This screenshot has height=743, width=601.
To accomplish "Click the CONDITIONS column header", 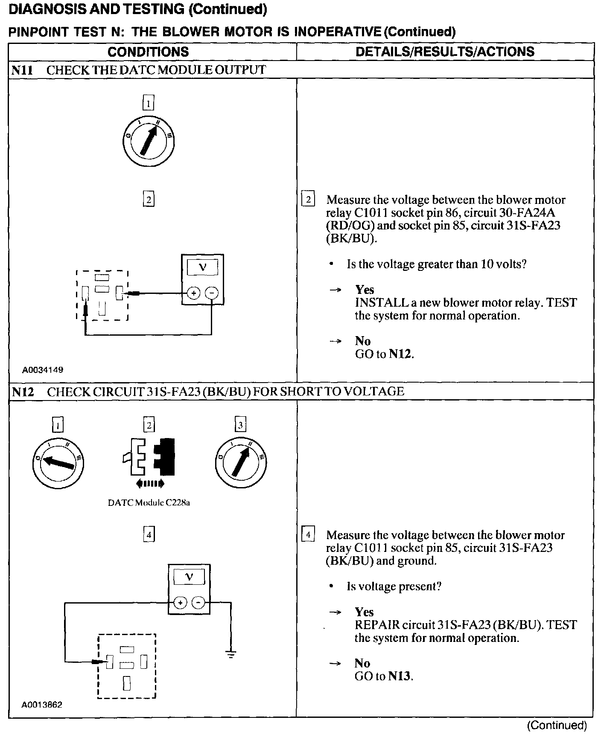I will coord(148,52).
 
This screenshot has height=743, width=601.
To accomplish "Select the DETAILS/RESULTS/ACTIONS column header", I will coord(445,52).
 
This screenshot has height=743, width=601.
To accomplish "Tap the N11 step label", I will coord(22,70).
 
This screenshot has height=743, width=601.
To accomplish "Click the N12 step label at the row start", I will coord(23,392).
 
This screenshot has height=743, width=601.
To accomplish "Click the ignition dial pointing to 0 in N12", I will coord(58,462).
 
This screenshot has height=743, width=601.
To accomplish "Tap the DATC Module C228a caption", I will coord(149,502).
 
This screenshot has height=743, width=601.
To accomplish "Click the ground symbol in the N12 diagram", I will coord(230,654).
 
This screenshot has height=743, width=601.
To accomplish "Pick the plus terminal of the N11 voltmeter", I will coord(194,293).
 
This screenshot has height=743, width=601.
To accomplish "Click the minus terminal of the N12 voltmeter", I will coord(198,603).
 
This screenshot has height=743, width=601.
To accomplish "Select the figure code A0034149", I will coord(43,370).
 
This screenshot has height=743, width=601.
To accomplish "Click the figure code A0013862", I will coord(42,705).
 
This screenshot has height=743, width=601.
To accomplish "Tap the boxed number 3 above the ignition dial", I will coord(240,425).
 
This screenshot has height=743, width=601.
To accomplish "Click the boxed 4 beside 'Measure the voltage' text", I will coord(308,534).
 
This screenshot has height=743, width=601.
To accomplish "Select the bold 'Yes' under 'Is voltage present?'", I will coord(364,612).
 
